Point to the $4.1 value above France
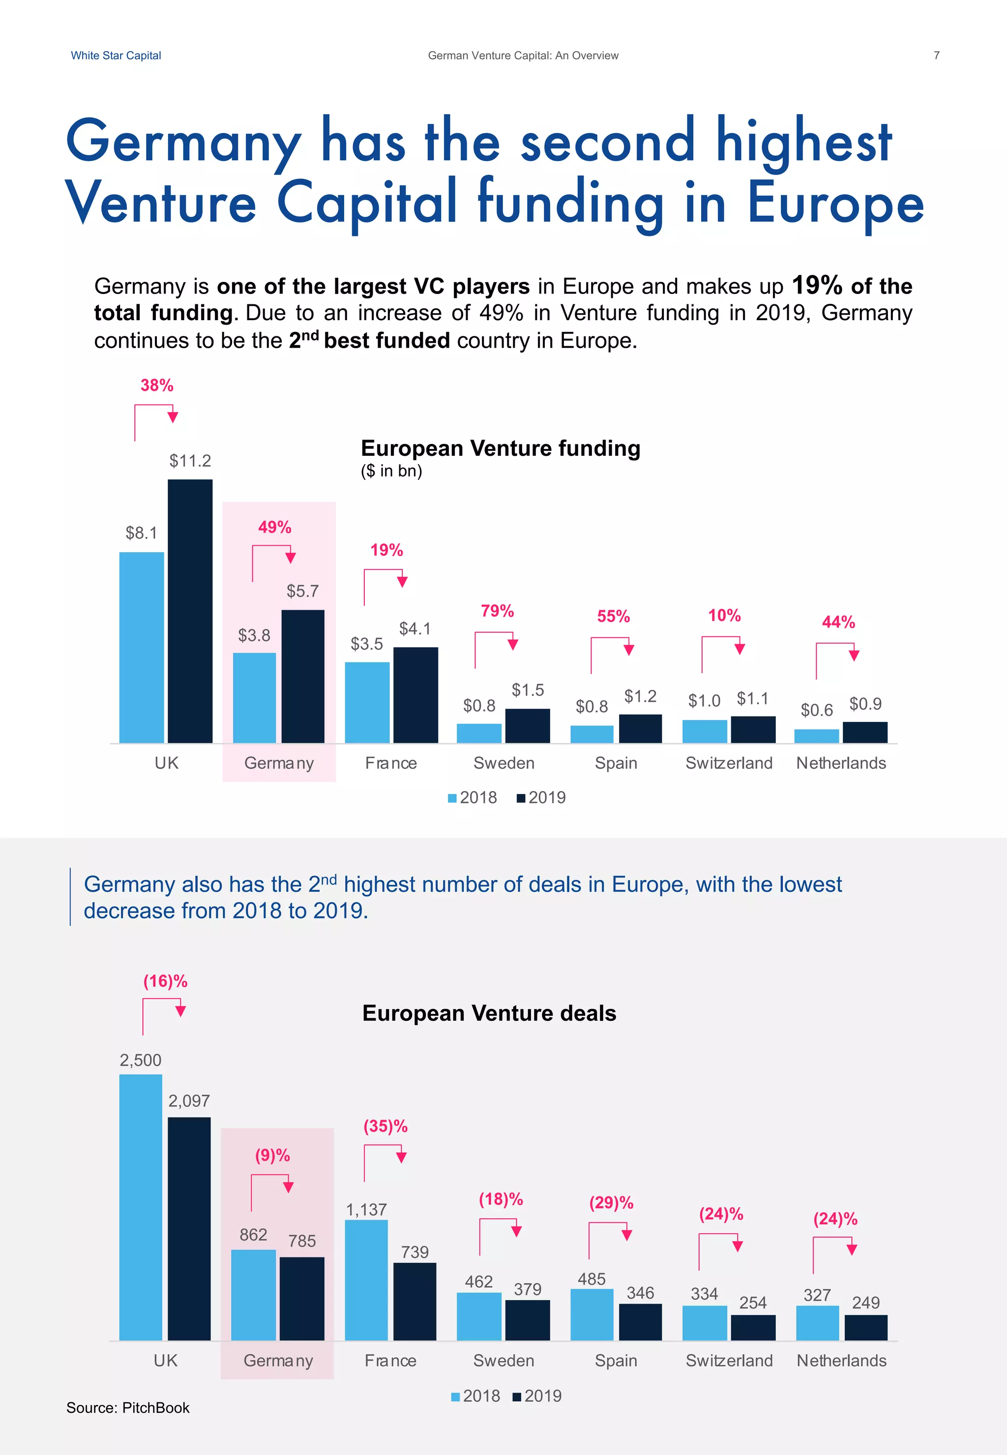pos(415,628)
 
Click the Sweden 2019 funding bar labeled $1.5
pos(528,726)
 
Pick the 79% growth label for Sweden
pos(497,611)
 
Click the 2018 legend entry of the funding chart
pos(473,798)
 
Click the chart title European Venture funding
pos(501,448)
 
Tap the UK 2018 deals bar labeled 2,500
pos(141,1207)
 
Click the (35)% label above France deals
pos(385,1126)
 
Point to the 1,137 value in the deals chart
pos(366,1210)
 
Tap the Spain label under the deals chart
pos(616,1361)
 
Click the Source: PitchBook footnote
pos(128,1408)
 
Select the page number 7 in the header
pos(936,56)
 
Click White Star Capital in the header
pos(116,56)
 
